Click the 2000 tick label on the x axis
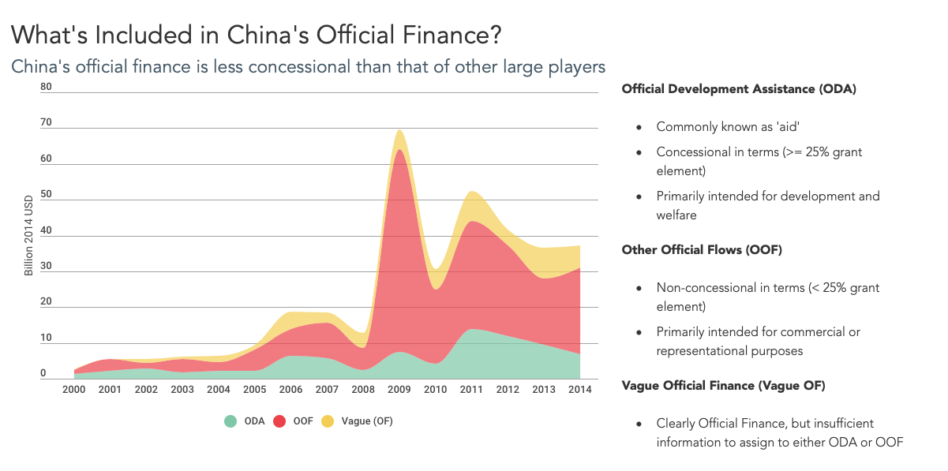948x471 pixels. coord(74,390)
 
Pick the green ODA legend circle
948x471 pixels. coord(230,421)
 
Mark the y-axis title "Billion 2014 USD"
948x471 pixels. coord(29,234)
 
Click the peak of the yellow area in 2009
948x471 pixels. coord(400,130)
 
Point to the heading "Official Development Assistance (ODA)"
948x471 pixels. coord(739,89)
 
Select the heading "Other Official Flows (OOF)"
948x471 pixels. coord(702,250)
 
